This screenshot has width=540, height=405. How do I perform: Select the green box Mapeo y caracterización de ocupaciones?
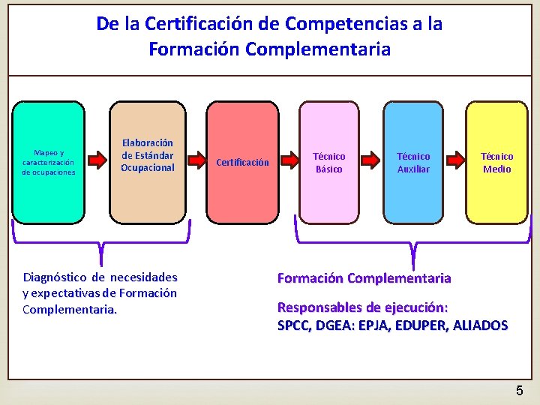tap(49, 162)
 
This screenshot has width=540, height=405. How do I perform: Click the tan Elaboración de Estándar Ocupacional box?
tap(148, 162)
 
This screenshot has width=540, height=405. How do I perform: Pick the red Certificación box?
tap(242, 162)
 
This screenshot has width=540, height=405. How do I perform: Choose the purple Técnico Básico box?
tap(328, 162)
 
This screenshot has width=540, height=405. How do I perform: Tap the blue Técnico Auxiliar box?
tap(413, 162)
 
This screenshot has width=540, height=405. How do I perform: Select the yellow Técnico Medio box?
tap(496, 162)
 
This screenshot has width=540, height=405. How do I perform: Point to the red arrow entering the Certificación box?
tap(196, 160)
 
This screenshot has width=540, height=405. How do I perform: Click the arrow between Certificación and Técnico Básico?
tap(288, 160)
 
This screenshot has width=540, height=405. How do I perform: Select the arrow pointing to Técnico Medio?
tap(455, 160)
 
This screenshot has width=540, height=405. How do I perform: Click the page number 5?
tap(519, 391)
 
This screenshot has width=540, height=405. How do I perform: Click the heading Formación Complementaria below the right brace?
tap(364, 278)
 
